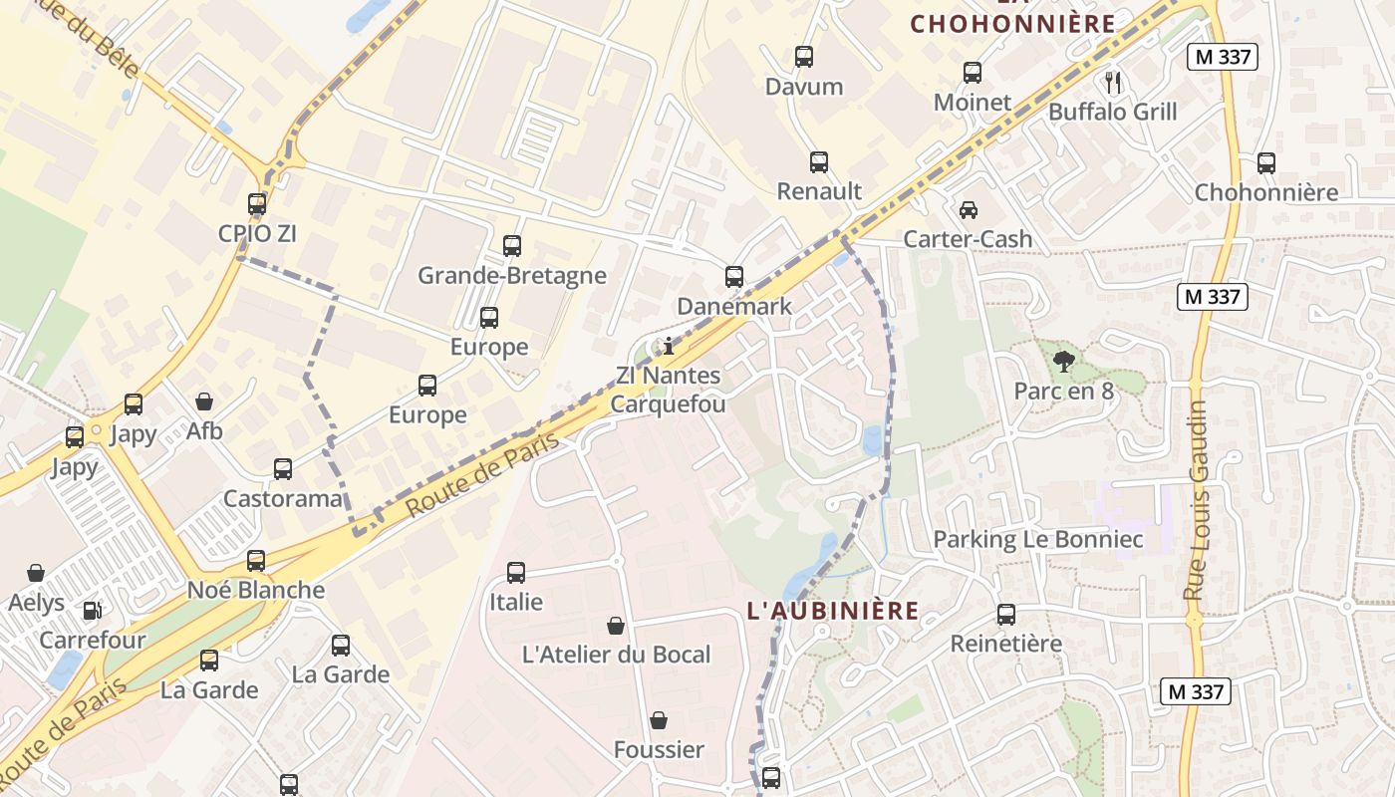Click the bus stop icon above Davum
(804, 57)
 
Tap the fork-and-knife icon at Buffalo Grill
(1113, 82)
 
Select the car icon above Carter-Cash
(968, 209)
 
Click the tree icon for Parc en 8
(1063, 361)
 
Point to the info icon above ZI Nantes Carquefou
(669, 347)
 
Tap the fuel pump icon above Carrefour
(92, 610)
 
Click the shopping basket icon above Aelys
(36, 573)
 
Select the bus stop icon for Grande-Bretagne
(512, 245)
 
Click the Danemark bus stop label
(734, 306)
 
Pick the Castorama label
(283, 498)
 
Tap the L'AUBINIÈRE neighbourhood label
(833, 611)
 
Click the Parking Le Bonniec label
(1037, 540)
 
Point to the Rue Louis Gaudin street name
(1196, 500)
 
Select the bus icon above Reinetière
(1006, 614)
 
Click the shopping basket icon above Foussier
(659, 720)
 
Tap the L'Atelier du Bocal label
(616, 655)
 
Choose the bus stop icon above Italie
(516, 573)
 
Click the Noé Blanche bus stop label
(256, 590)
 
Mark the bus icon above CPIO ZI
(257, 204)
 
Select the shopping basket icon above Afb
(204, 401)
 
